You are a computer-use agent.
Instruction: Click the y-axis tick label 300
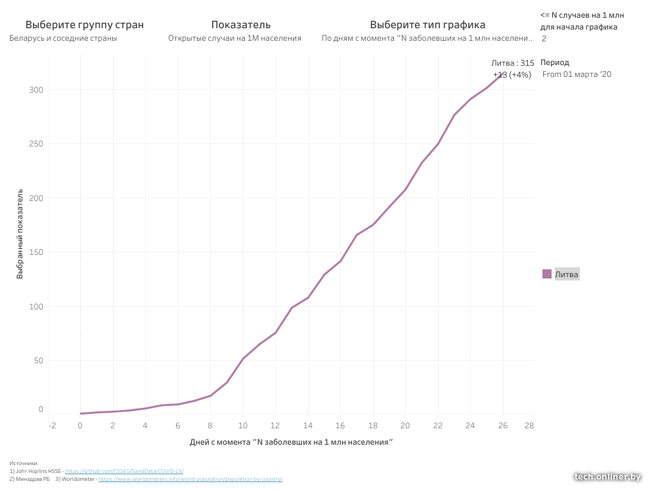point(36,90)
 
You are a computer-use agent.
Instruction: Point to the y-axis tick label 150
point(36,252)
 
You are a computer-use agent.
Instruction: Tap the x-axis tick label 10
point(243,425)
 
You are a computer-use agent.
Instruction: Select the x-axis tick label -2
point(53,425)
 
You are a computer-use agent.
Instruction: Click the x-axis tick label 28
point(529,425)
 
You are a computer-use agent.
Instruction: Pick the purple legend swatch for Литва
point(547,274)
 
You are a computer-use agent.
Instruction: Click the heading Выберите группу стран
point(84,25)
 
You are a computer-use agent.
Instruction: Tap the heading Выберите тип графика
point(427,25)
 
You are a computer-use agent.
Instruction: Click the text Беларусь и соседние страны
point(64,38)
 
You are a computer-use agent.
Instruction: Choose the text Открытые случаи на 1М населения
point(234,38)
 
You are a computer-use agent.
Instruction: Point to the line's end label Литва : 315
point(512,63)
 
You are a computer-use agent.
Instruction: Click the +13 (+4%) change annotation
point(512,75)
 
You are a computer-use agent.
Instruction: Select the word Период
point(555,62)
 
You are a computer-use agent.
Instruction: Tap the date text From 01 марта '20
point(577,74)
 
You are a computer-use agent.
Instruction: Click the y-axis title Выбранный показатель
point(20,235)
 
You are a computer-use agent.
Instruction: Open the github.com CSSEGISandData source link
point(124,471)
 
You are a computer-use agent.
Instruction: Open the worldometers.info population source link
point(190,479)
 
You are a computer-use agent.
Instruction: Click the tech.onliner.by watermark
point(607,477)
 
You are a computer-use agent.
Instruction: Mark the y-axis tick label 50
point(39,361)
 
